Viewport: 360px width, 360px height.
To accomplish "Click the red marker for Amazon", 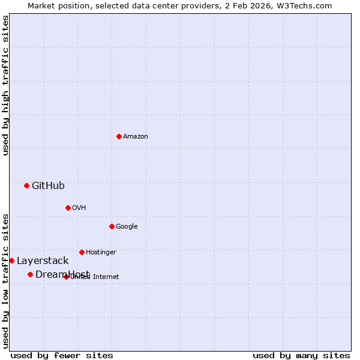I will (x=119, y=136).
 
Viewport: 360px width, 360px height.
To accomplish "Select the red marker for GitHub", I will (x=26, y=185).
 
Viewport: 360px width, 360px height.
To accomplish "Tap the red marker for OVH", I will (x=68, y=208).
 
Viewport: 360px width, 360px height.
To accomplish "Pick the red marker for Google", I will (x=112, y=226).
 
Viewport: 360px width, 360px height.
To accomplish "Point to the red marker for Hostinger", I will (x=82, y=252).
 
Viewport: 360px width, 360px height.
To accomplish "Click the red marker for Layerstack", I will (x=11, y=260).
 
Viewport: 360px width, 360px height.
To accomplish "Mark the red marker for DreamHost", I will (x=30, y=274).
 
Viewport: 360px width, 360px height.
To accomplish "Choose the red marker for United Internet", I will (x=66, y=277).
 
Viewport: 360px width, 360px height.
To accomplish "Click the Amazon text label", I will (x=136, y=136).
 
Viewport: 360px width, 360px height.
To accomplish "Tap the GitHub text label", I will (x=48, y=185).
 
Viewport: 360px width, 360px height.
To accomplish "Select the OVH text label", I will (x=79, y=208).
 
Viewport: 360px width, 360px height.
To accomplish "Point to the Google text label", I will (x=127, y=226).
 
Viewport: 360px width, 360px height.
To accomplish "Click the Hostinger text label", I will (x=101, y=252).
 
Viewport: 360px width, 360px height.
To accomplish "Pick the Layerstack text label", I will (x=43, y=260).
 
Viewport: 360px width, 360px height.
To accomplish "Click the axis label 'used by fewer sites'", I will (x=62, y=355).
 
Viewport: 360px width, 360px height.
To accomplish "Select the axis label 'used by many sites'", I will (x=301, y=355).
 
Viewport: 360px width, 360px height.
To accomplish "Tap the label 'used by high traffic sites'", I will (x=5, y=85).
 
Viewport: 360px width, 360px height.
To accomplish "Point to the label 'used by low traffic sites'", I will (x=5, y=280).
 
